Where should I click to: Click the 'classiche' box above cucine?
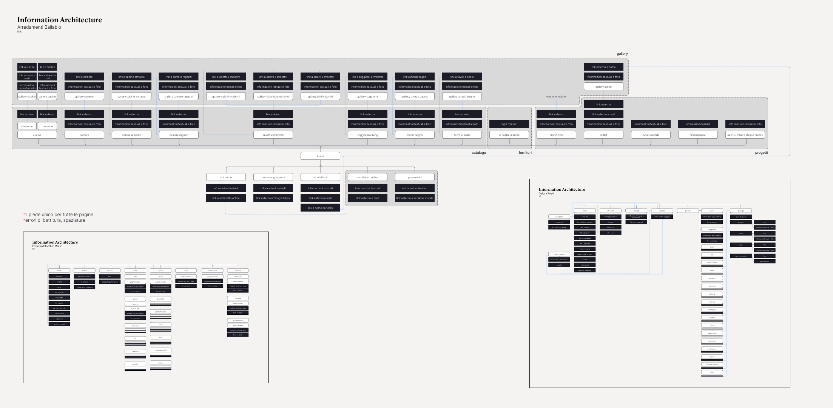pyautogui.click(x=27, y=126)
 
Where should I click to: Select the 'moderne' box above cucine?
pyautogui.click(x=47, y=126)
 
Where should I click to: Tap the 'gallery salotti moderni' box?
pyautogui.click(x=226, y=96)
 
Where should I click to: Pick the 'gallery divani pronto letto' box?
pyautogui.click(x=273, y=96)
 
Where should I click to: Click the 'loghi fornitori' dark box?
pyautogui.click(x=509, y=124)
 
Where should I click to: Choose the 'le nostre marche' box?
pyautogui.click(x=509, y=135)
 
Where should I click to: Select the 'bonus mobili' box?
pyautogui.click(x=651, y=135)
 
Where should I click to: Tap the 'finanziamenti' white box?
pyautogui.click(x=698, y=135)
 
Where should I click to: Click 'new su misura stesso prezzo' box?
pyautogui.click(x=745, y=135)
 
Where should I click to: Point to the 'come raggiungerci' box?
pyautogui.click(x=273, y=177)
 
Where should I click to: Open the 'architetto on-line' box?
pyautogui.click(x=367, y=177)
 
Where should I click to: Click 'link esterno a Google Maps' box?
pyautogui.click(x=273, y=198)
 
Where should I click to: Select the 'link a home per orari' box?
pyautogui.click(x=320, y=208)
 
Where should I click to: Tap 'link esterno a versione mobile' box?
pyautogui.click(x=415, y=198)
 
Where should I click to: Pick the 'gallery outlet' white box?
pyautogui.click(x=603, y=87)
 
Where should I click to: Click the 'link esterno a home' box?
pyautogui.click(x=603, y=67)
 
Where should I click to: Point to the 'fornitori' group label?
pyautogui.click(x=525, y=153)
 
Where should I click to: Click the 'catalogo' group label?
pyautogui.click(x=479, y=153)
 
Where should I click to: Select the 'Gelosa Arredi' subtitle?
pyautogui.click(x=546, y=193)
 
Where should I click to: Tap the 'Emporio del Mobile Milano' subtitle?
pyautogui.click(x=47, y=246)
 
